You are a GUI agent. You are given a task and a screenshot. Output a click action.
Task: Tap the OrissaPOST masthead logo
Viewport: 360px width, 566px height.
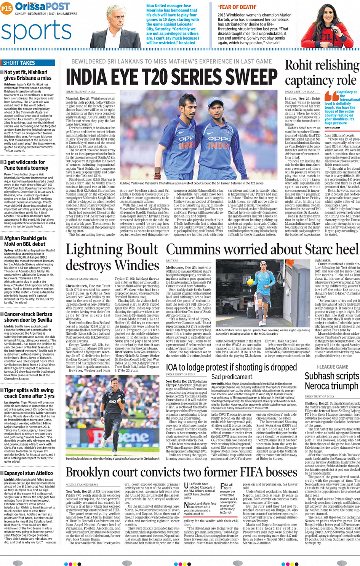click(42, 6)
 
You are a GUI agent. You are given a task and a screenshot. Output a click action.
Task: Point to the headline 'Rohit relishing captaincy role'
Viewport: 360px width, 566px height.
click(322, 73)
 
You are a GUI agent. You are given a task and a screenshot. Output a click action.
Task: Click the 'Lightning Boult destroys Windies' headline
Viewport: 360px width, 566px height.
click(112, 257)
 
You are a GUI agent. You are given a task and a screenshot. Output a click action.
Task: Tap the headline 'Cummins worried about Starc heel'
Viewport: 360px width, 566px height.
click(262, 250)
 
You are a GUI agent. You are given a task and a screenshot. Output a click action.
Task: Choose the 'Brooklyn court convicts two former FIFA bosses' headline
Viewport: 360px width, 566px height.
click(181, 473)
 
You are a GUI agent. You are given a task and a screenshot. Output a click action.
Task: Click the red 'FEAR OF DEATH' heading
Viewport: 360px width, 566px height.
click(232, 7)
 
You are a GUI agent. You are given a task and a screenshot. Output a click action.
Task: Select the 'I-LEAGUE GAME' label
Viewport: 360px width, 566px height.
click(332, 367)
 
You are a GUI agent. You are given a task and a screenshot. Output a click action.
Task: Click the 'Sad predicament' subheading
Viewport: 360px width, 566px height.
click(227, 377)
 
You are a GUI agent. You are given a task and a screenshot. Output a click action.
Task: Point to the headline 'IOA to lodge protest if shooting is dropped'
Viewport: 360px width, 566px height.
click(231, 367)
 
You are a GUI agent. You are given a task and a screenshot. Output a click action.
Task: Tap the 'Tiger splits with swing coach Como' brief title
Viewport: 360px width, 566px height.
click(29, 393)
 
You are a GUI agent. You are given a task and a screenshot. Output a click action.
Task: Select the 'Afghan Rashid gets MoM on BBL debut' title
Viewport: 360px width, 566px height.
click(26, 241)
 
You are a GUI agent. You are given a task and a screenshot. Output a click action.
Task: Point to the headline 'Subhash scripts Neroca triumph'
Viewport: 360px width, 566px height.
click(331, 381)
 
